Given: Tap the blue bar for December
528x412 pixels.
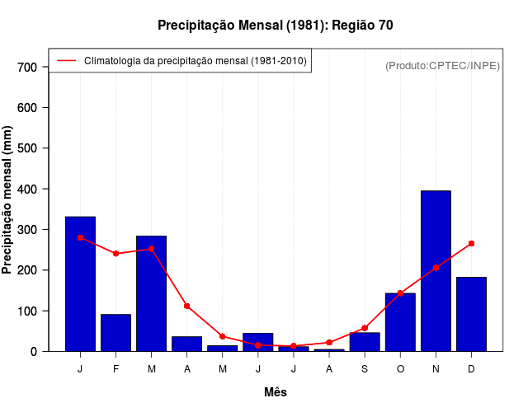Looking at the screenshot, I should pyautogui.click(x=471, y=314).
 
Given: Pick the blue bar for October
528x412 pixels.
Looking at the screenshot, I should pyautogui.click(x=400, y=322).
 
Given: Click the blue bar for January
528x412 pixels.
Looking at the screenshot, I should pyautogui.click(x=80, y=283).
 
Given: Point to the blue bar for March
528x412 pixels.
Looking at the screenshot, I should pyautogui.click(x=151, y=293).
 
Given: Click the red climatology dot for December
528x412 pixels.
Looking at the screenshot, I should pyautogui.click(x=471, y=243).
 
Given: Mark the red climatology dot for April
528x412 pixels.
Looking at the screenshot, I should pyautogui.click(x=187, y=306).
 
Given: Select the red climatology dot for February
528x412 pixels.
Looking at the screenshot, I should pyautogui.click(x=115, y=253).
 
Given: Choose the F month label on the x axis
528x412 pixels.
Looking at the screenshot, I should pyautogui.click(x=115, y=369).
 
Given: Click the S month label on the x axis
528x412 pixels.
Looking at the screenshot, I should pyautogui.click(x=365, y=369).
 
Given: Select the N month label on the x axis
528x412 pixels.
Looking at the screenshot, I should pyautogui.click(x=436, y=369).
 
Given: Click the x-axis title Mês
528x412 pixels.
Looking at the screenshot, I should pyautogui.click(x=276, y=392).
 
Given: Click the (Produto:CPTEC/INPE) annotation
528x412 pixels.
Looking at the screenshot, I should pyautogui.click(x=442, y=65).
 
